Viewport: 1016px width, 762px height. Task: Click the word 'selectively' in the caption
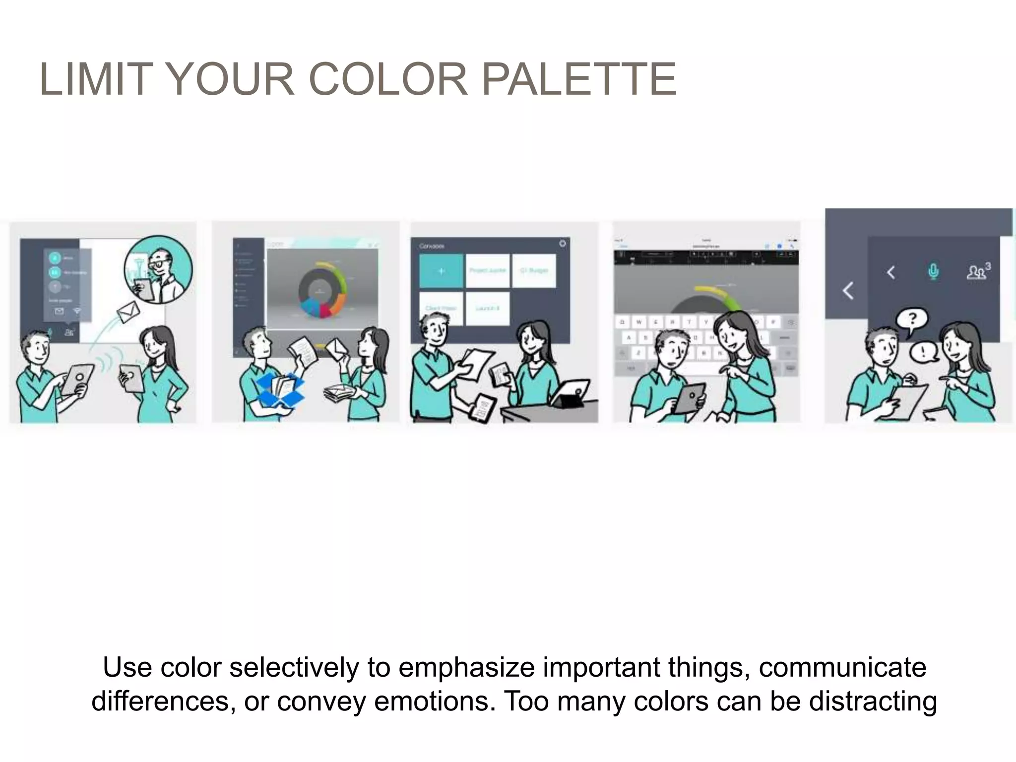[293, 668]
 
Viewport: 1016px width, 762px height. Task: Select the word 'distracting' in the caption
[873, 701]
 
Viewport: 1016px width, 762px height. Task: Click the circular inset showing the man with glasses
[158, 269]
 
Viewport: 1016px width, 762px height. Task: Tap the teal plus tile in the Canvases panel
[441, 271]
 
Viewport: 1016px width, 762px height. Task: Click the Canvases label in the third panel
[431, 246]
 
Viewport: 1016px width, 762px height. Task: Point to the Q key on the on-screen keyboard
[622, 322]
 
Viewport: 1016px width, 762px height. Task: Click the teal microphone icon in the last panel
[933, 272]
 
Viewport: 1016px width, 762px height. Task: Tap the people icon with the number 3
[977, 271]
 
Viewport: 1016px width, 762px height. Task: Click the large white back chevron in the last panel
[848, 291]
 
